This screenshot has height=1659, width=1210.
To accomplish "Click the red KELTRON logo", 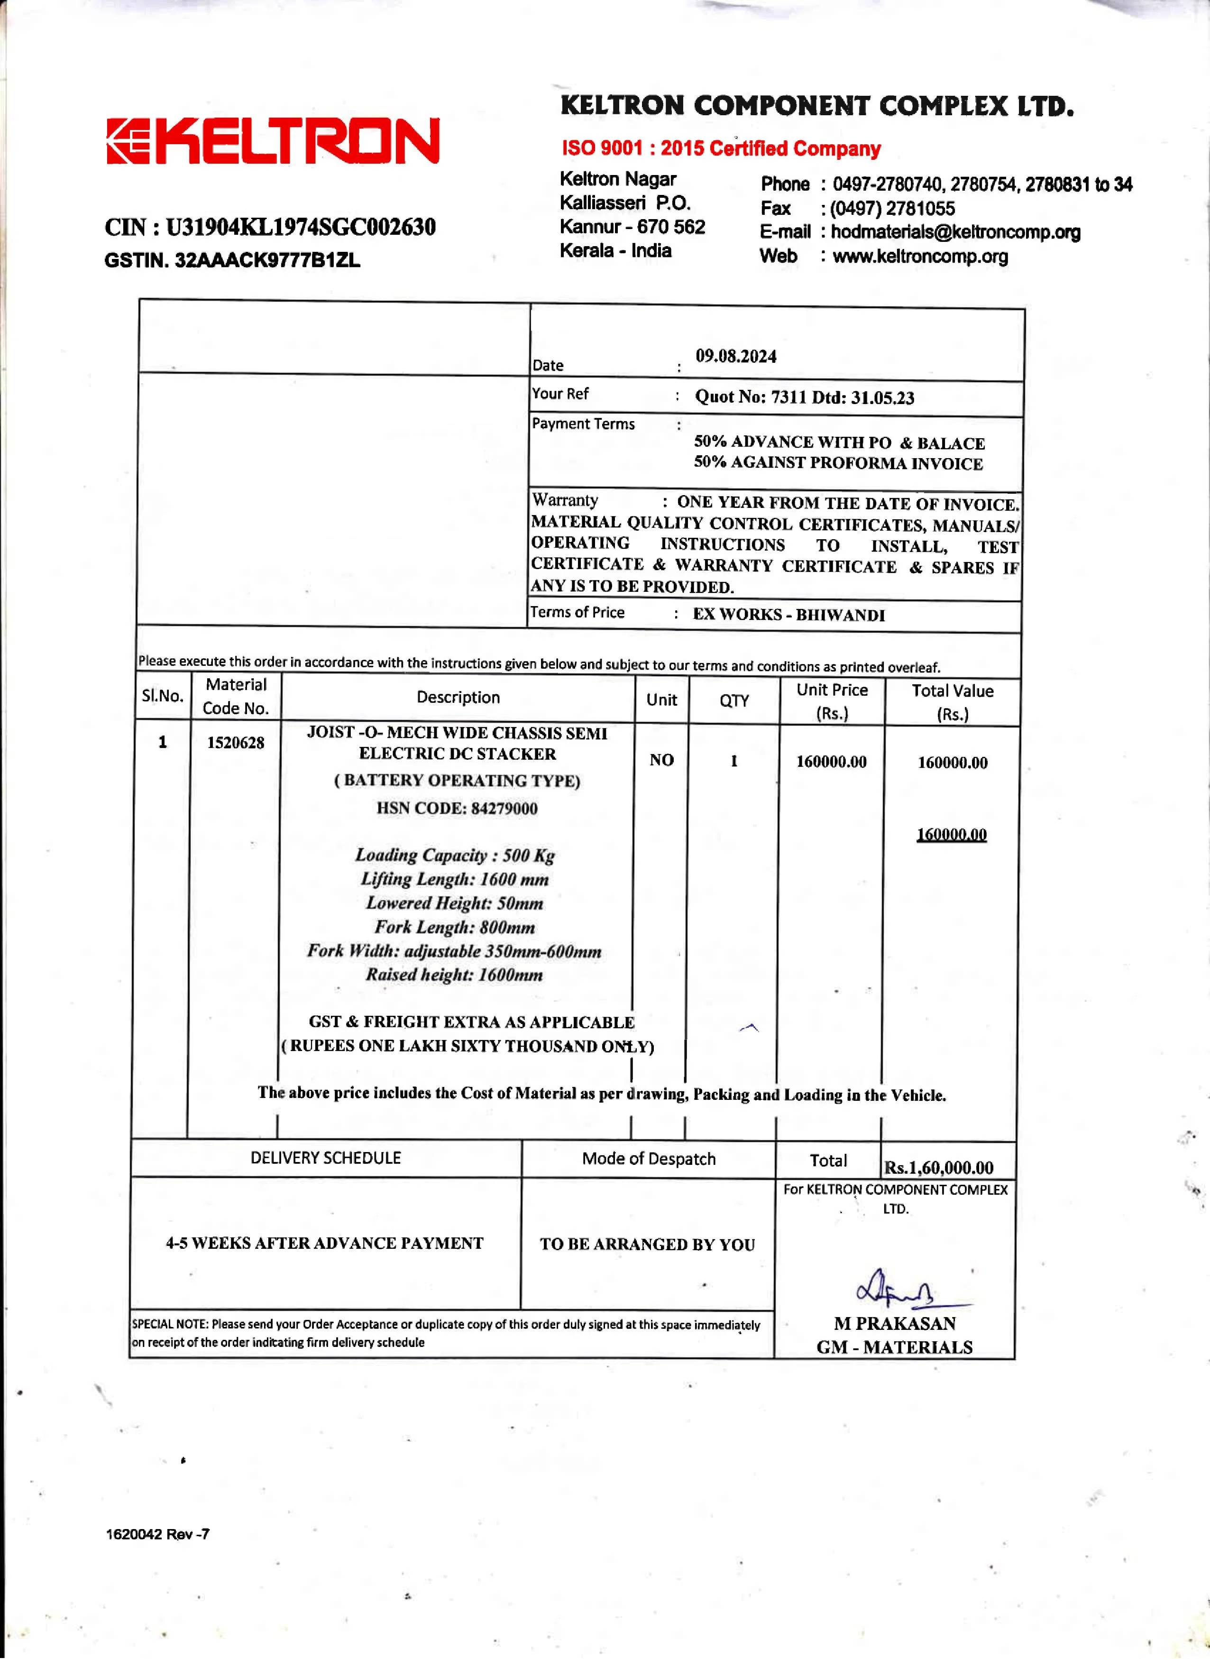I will pyautogui.click(x=273, y=141).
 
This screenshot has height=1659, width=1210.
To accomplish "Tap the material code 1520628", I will pyautogui.click(x=235, y=743).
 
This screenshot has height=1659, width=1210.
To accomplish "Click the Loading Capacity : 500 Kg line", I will pyautogui.click(x=455, y=856).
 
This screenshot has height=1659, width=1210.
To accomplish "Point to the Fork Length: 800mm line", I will pyautogui.click(x=455, y=927).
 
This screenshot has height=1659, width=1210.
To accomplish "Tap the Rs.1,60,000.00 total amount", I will pyautogui.click(x=938, y=1168).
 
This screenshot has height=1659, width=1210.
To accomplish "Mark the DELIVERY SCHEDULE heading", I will pyautogui.click(x=325, y=1158).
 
